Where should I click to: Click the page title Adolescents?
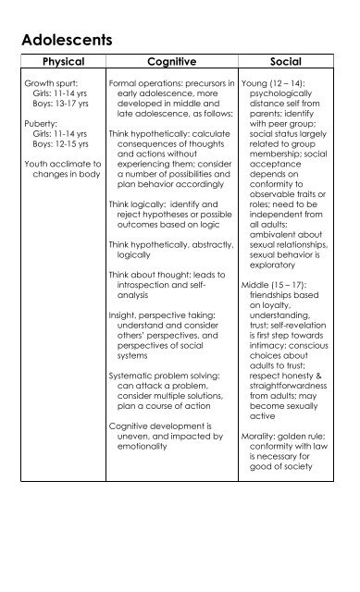[x=66, y=41]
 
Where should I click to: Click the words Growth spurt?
[x=47, y=83]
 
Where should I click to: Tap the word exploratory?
[x=278, y=255]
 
